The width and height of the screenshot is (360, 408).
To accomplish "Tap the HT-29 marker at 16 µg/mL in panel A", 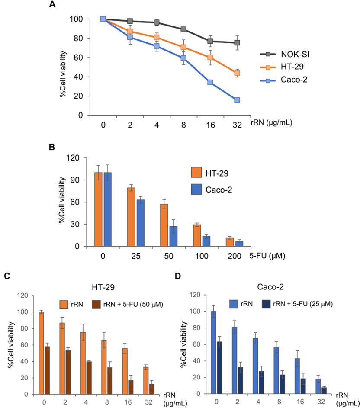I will click(x=210, y=58).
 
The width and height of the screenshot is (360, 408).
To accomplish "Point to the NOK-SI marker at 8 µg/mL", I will click(x=183, y=29).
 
